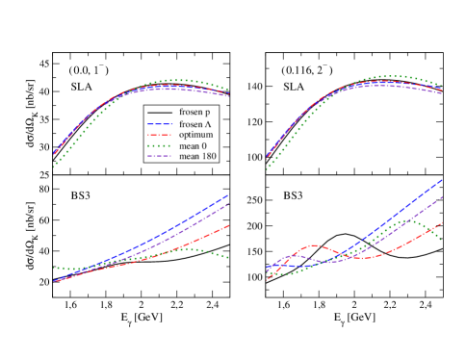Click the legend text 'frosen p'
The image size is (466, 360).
tap(194, 113)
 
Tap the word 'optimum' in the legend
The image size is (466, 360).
tap(195, 135)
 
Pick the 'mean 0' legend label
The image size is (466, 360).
tap(193, 145)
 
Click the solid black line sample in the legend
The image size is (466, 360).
tap(160, 113)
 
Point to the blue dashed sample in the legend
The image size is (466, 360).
tap(160, 124)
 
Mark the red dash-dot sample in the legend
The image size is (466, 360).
tap(160, 135)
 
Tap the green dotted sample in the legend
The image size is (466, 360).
tap(160, 145)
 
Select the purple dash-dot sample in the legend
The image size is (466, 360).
tap(160, 156)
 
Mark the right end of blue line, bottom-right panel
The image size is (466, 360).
tap(442, 180)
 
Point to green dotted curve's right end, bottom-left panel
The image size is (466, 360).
tap(229, 258)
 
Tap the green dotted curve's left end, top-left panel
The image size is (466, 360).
tap(53, 167)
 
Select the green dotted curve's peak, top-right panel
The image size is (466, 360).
tap(391, 75)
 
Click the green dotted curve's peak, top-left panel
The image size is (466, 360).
tap(173, 80)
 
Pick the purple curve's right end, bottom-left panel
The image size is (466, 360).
tap(229, 203)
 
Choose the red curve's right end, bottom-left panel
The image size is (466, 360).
tap(229, 225)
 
